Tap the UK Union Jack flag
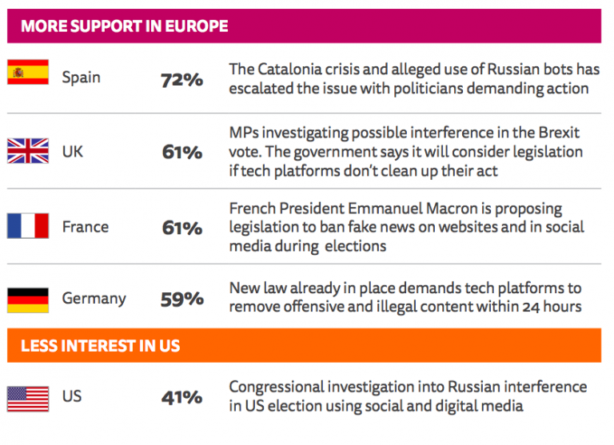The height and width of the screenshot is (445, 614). [x=28, y=149]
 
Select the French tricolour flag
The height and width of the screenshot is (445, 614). [x=28, y=226]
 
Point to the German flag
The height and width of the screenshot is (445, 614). [x=28, y=300]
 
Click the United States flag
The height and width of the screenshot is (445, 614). [x=28, y=397]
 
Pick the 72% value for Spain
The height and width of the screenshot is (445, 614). [x=181, y=79]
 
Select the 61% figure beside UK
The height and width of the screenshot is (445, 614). [x=181, y=152]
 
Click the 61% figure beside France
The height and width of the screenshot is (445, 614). [x=181, y=228]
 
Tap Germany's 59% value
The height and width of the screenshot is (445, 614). [x=181, y=299]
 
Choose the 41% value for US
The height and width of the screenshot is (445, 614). [x=181, y=397]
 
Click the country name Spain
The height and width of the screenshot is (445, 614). [x=82, y=78]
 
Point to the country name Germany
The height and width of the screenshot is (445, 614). [x=94, y=299]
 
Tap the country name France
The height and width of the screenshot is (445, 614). [x=86, y=228]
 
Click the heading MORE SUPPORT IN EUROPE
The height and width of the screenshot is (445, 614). [x=124, y=26]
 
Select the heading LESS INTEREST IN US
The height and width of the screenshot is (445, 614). [x=100, y=346]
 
